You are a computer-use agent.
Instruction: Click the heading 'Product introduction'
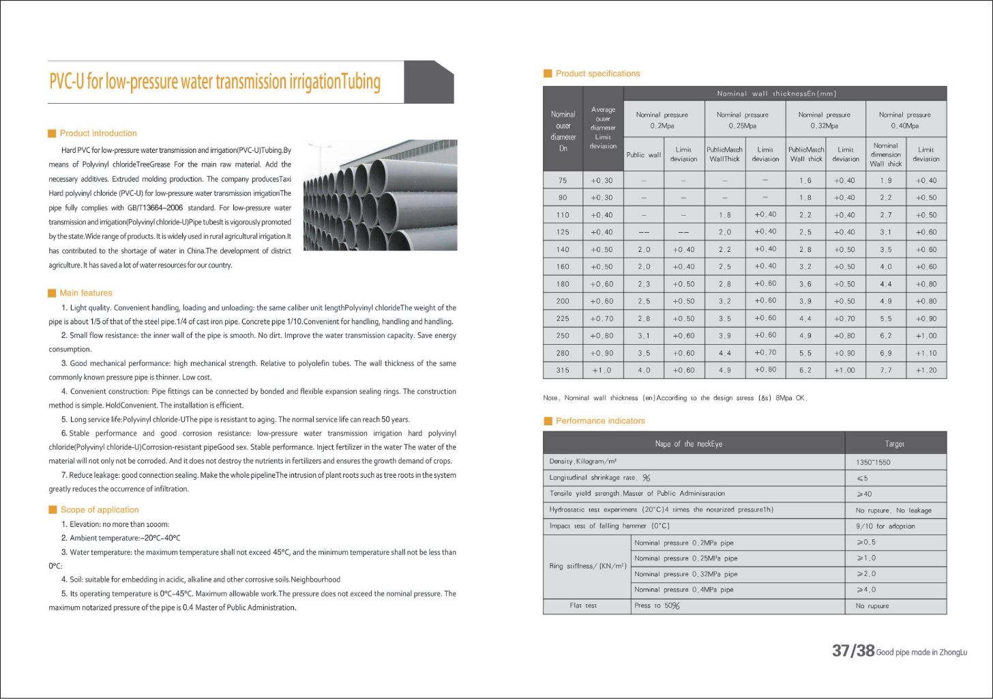(98, 133)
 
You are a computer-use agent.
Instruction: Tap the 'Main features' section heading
(85, 293)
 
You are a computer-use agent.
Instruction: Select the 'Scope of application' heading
(99, 510)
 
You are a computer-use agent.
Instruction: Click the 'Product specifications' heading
(597, 74)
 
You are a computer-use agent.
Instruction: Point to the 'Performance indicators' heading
(600, 421)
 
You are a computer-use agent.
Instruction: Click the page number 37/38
(853, 651)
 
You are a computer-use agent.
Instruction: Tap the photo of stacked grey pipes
(380, 195)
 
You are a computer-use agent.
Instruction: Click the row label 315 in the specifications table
(563, 370)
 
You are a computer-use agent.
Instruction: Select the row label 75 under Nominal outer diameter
(563, 180)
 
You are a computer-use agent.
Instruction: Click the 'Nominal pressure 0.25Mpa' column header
(742, 119)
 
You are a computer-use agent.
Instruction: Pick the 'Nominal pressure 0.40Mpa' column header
(904, 119)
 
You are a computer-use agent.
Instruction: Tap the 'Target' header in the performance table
(894, 444)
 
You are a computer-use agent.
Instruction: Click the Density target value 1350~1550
(873, 462)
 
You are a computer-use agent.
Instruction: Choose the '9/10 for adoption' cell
(885, 526)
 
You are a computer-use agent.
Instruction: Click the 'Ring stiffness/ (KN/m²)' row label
(587, 566)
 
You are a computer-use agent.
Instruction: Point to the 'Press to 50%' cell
(657, 605)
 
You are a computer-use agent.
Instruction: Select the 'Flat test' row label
(583, 605)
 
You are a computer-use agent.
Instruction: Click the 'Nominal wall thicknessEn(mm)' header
(776, 94)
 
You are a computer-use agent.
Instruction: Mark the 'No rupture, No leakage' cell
(893, 510)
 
